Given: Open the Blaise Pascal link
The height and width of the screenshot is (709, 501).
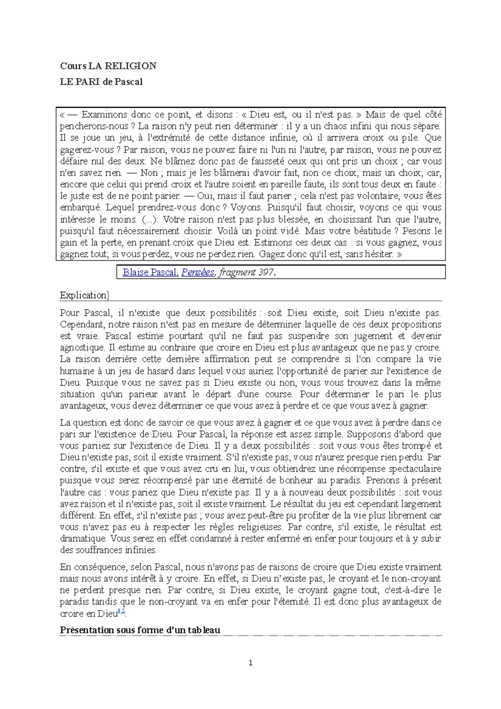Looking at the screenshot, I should (149, 273).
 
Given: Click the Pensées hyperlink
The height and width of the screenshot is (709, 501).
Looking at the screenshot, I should (197, 273).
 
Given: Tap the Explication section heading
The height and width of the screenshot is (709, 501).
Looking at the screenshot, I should (84, 295).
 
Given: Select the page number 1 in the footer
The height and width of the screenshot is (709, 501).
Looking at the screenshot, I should (250, 663).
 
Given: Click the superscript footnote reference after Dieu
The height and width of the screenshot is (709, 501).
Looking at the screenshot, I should (121, 611).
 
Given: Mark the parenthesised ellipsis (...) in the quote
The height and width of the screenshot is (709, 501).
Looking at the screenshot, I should (150, 220).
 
